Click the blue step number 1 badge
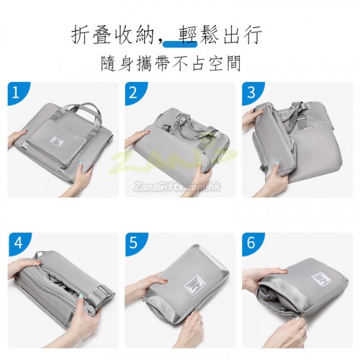[17, 93]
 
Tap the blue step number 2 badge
[134, 93]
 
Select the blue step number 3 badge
[251, 93]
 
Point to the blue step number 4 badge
[17, 243]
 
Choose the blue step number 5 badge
[135, 243]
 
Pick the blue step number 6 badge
[251, 243]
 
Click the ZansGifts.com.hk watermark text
[176, 186]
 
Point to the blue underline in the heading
[180, 43]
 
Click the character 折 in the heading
[81, 35]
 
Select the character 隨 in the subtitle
[109, 63]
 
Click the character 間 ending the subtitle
[233, 63]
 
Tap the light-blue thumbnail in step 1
[82, 166]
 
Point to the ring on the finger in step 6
[305, 329]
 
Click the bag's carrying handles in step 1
[76, 113]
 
